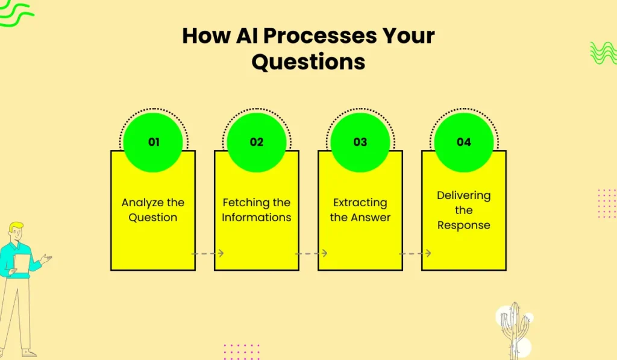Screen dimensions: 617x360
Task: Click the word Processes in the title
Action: tap(320, 36)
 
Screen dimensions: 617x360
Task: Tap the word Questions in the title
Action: tap(308, 62)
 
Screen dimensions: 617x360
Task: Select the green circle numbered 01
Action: tap(153, 142)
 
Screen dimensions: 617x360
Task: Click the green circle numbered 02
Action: tap(257, 142)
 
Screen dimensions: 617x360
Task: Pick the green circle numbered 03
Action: tap(360, 142)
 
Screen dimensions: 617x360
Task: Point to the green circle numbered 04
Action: tap(464, 142)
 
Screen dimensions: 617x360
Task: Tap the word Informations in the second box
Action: tap(257, 217)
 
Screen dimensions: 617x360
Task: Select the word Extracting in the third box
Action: tap(360, 203)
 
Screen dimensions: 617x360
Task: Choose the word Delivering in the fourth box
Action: tap(463, 196)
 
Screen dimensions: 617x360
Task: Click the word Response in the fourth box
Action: tap(463, 226)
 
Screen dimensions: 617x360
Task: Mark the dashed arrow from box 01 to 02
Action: tap(208, 253)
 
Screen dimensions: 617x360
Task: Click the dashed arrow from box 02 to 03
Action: tap(312, 253)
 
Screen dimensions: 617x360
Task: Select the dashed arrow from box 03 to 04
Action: tap(415, 253)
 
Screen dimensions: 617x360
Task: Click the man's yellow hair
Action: tap(16, 227)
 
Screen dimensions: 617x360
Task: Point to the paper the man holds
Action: tap(22, 264)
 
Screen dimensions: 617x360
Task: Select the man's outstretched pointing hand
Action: tap(46, 259)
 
